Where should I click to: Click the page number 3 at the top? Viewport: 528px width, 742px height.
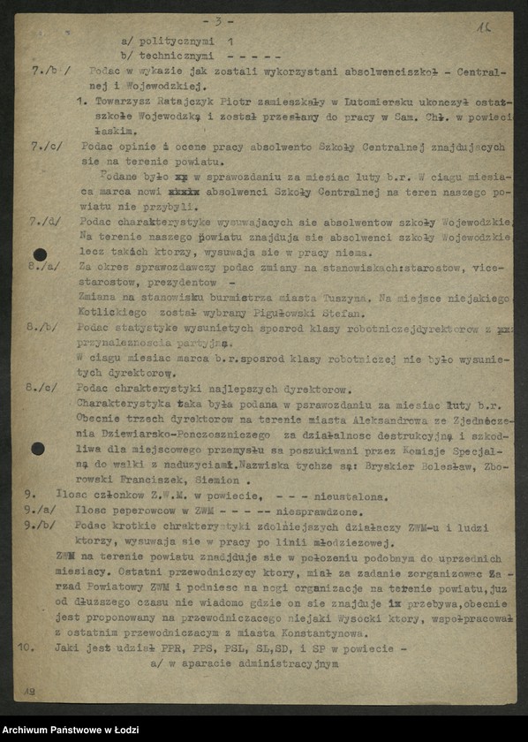click(217, 21)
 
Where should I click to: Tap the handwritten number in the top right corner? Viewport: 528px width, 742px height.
click(483, 28)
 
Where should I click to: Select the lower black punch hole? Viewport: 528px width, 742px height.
click(37, 448)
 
